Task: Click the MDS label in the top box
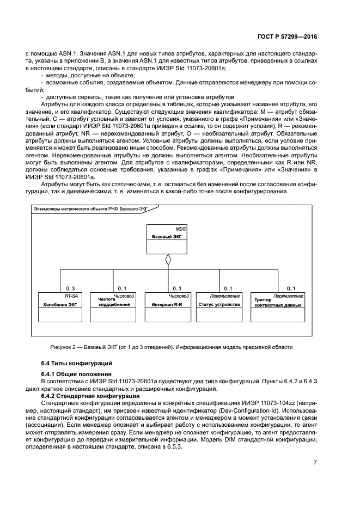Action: click(181, 229)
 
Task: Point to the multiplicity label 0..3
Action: click(70, 288)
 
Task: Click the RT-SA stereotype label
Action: click(71, 296)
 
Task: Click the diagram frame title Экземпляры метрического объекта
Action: click(88, 208)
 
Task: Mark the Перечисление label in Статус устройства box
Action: click(225, 296)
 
